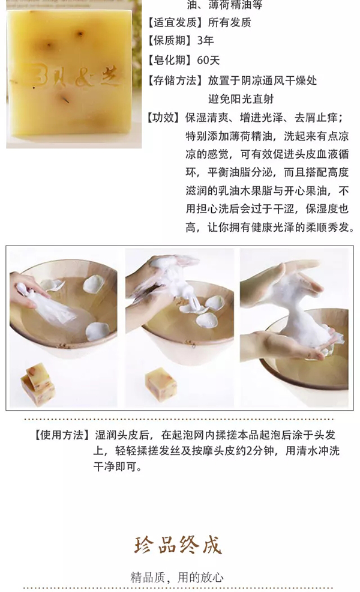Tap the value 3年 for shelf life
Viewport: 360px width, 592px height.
click(205, 41)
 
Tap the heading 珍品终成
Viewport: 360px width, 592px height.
click(178, 545)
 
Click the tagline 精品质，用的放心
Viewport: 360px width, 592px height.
click(177, 578)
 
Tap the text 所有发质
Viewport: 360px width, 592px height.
click(229, 23)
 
